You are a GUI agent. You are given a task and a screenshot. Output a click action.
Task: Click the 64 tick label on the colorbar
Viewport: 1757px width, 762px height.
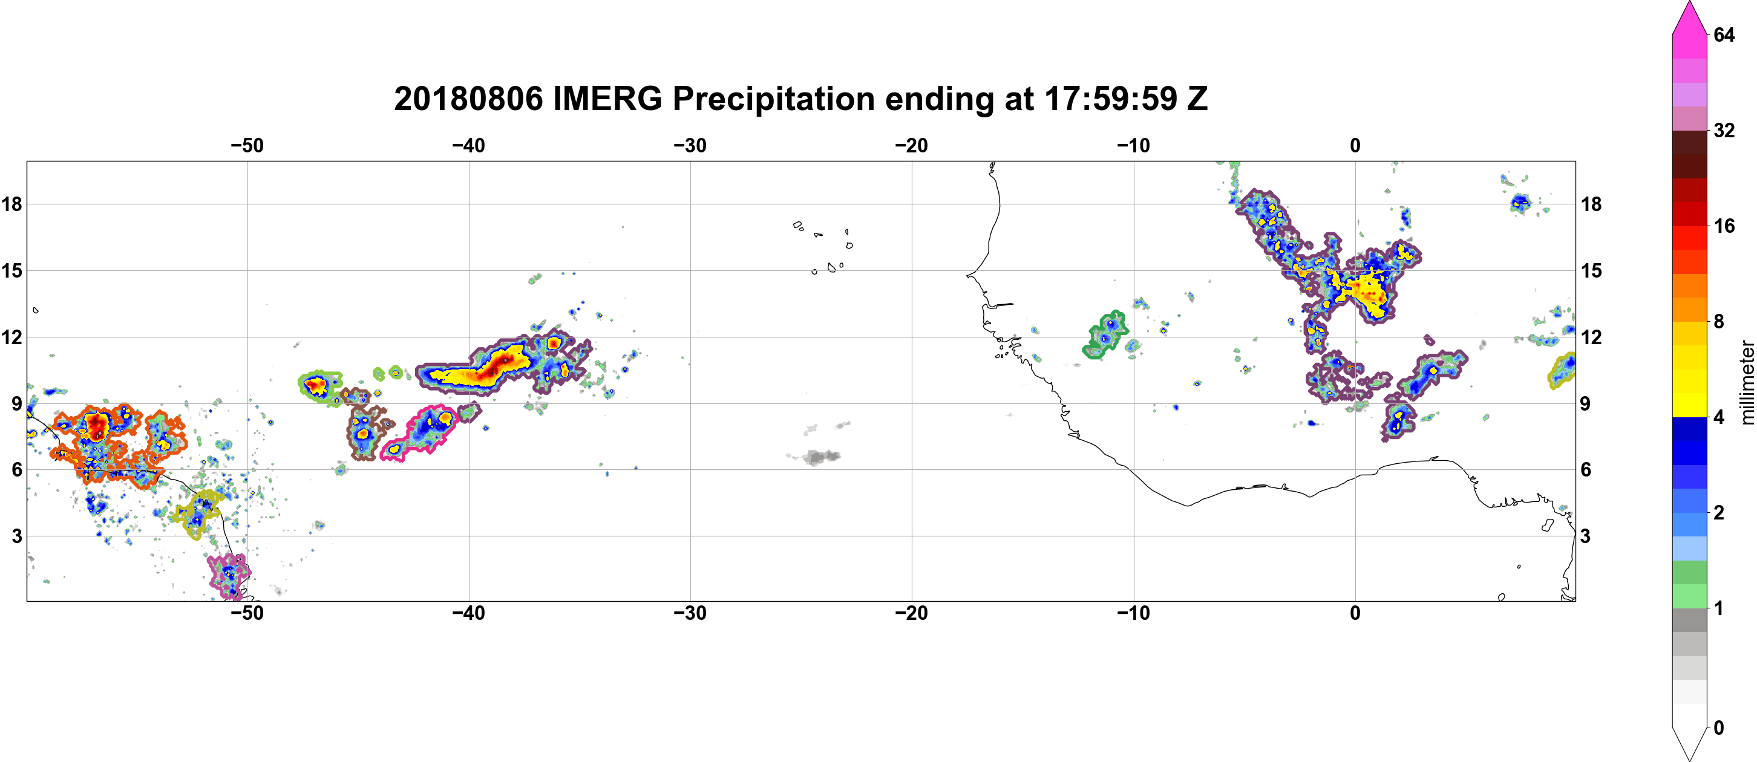point(1724,34)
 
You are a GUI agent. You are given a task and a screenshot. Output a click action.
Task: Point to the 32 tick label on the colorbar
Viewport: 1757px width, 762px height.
point(1724,130)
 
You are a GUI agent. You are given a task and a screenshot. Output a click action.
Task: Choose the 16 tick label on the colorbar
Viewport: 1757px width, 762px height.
point(1724,226)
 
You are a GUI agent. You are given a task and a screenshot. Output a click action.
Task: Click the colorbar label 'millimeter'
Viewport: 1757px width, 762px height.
point(1747,382)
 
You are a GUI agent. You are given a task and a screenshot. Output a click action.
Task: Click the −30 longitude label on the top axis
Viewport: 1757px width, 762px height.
point(690,145)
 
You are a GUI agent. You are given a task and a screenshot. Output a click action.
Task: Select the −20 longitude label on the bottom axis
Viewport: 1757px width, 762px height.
point(911,613)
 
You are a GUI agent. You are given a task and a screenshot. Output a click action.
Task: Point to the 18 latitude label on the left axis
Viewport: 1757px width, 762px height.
point(11,204)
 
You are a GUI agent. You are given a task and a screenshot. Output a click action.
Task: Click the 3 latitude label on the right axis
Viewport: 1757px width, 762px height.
point(1586,536)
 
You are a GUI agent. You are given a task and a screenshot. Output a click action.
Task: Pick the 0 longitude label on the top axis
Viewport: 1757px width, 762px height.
point(1355,145)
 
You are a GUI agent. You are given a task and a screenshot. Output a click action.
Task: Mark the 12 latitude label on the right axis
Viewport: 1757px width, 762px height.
point(1591,337)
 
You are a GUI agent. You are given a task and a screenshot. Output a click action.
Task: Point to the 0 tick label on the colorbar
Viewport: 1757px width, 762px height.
point(1719,728)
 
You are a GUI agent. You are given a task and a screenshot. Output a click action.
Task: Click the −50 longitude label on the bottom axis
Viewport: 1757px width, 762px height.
point(247,613)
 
